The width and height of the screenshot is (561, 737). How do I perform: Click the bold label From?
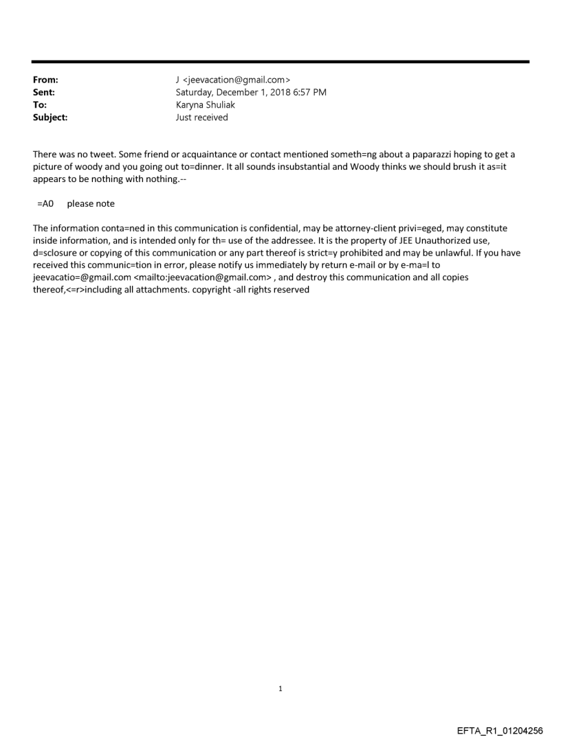[x=45, y=80]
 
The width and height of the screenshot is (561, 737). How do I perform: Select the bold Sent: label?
[x=44, y=93]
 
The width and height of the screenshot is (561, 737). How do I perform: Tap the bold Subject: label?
[x=50, y=117]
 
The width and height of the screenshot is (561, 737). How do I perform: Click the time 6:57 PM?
[x=307, y=93]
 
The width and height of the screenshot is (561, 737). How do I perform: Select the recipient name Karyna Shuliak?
[x=206, y=105]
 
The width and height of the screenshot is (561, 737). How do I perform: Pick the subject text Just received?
[x=202, y=117]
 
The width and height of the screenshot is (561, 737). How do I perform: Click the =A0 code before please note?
[x=46, y=204]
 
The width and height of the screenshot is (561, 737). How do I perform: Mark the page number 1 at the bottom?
[x=280, y=688]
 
